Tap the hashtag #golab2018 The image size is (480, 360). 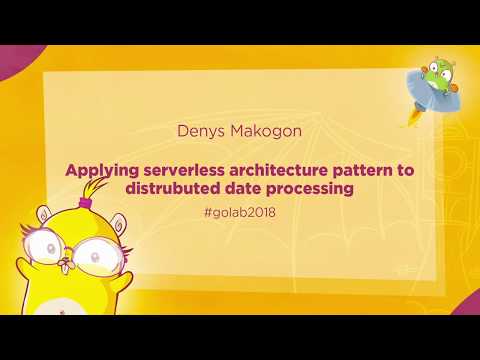click(x=240, y=213)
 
